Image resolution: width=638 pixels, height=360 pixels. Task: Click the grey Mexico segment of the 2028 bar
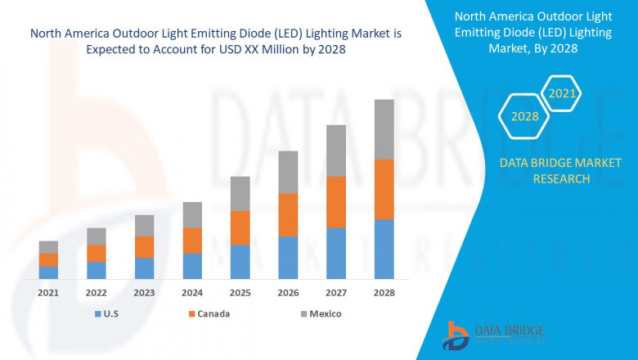[x=384, y=129]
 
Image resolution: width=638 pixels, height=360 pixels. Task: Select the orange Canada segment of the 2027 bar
[x=335, y=202]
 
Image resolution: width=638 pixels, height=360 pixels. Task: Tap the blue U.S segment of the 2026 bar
[x=288, y=258]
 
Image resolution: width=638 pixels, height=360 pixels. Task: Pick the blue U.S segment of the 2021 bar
[x=48, y=272]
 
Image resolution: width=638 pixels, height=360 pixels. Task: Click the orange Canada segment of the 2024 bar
[x=192, y=241]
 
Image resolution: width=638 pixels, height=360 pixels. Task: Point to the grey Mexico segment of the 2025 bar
[x=240, y=194]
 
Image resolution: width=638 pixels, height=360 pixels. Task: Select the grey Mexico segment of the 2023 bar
[x=144, y=226]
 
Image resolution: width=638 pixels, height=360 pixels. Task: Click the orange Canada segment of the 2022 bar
[x=97, y=253]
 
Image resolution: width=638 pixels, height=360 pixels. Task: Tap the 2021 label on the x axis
[x=48, y=292]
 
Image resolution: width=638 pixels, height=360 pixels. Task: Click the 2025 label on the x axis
[x=240, y=292]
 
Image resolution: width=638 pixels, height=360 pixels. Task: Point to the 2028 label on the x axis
[x=384, y=292]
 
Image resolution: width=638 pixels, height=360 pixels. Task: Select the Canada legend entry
[x=208, y=313]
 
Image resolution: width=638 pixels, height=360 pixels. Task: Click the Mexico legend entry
[x=319, y=313]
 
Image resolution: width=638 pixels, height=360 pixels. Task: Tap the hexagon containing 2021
[x=562, y=93]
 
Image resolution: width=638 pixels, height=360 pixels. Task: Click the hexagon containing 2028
[x=524, y=116]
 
